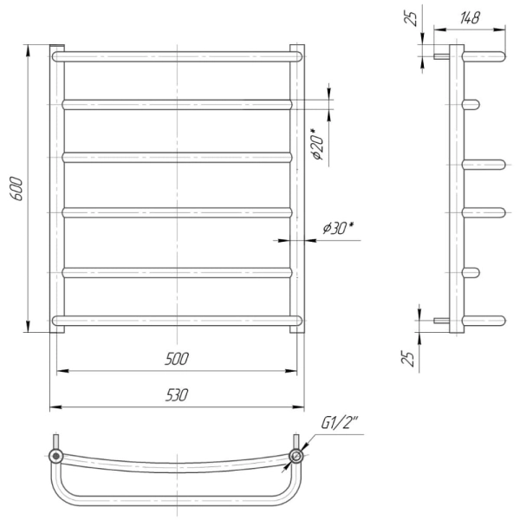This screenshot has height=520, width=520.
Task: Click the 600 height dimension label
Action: coord(17,189)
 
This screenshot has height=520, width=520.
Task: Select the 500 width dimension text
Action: coord(177,359)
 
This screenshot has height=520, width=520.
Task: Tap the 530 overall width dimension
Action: coord(177,395)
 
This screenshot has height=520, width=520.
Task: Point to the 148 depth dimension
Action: coord(470,17)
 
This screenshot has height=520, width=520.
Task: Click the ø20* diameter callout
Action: coord(317,144)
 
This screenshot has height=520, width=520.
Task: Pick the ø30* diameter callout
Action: coord(338,229)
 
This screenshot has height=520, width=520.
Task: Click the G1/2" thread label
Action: coord(340,423)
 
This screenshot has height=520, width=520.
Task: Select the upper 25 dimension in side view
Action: coord(411,18)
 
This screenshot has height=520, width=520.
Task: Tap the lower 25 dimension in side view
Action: coord(408,358)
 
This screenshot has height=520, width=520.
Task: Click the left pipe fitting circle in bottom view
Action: coord(55,457)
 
